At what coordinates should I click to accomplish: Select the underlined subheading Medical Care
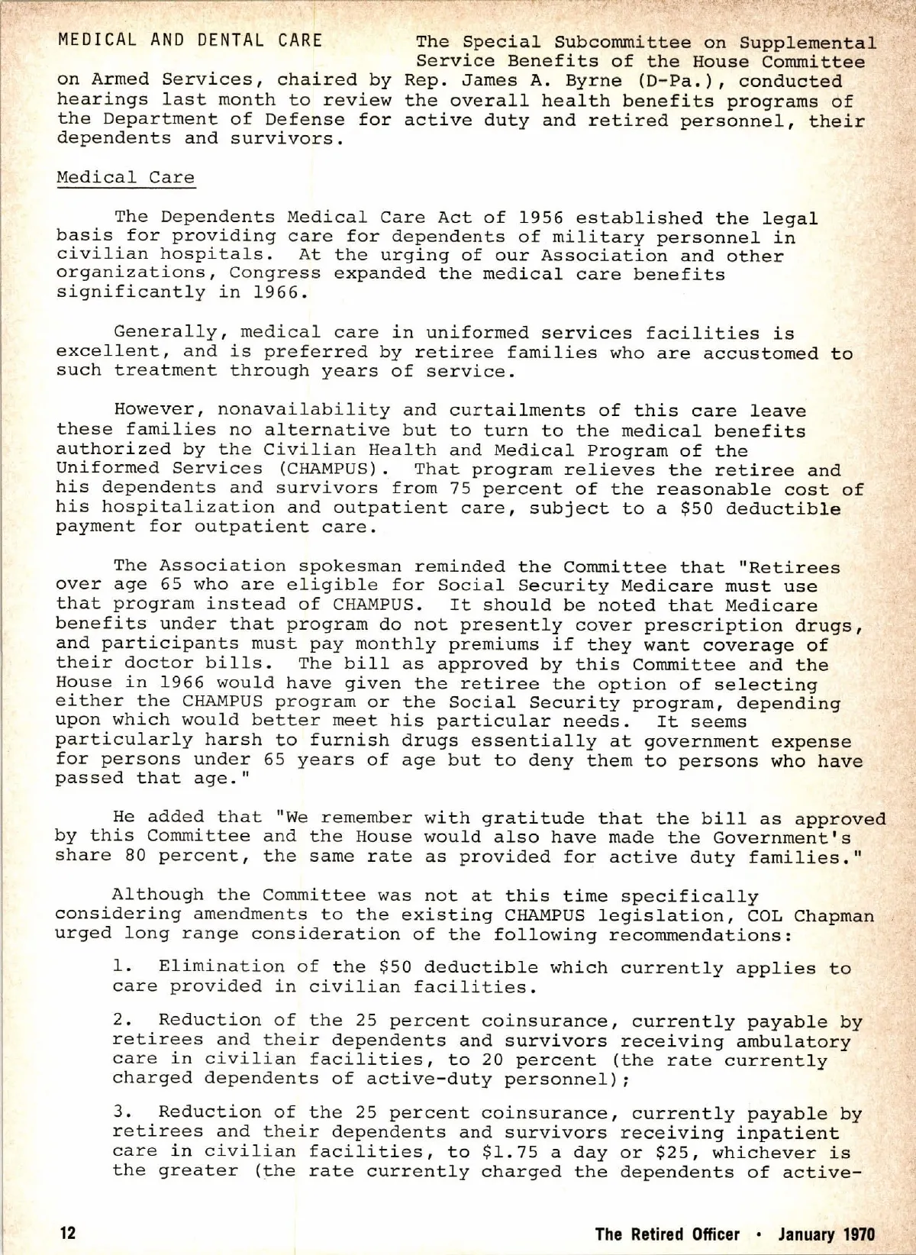(x=126, y=177)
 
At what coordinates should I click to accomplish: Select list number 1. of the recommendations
(x=122, y=967)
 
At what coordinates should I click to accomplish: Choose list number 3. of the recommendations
(x=122, y=1113)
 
